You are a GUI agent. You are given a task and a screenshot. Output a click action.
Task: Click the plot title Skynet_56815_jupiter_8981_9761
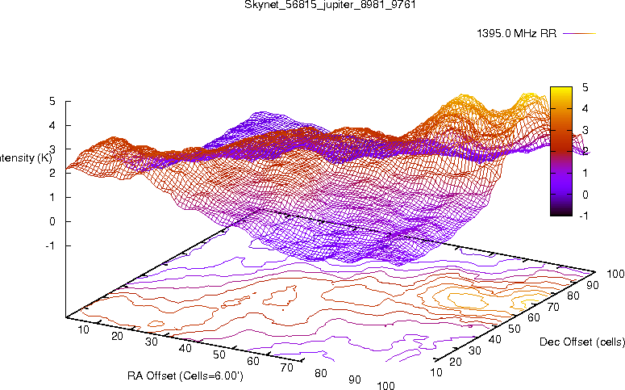312,5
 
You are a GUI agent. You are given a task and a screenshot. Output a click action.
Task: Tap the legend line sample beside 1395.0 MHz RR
578,34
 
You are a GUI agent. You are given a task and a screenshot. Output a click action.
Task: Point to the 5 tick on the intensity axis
52,102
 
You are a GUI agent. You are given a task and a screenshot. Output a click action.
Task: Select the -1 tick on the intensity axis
50,245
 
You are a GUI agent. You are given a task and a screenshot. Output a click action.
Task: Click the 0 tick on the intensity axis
52,221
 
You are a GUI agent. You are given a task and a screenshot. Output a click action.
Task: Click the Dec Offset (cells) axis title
581,342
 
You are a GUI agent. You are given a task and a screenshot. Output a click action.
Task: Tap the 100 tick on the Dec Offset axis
616,275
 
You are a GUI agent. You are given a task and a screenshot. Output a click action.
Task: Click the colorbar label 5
584,86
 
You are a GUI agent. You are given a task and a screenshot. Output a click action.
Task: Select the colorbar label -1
584,216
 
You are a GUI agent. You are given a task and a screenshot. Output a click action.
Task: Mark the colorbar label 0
584,194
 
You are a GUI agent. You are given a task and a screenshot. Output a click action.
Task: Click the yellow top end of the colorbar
560,89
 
